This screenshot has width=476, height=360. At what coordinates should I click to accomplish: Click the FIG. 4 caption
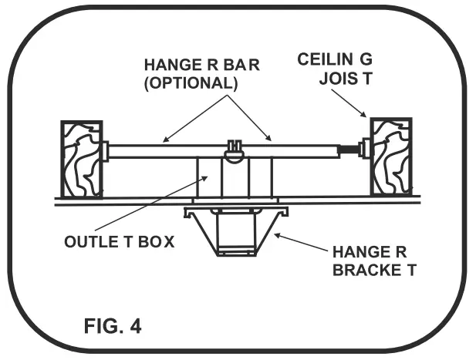click(x=113, y=325)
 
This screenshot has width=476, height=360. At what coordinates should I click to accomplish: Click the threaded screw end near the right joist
click(x=361, y=150)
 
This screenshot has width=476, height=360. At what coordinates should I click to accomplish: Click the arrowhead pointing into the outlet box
click(x=207, y=177)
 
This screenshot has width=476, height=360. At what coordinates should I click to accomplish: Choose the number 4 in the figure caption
click(x=136, y=325)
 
